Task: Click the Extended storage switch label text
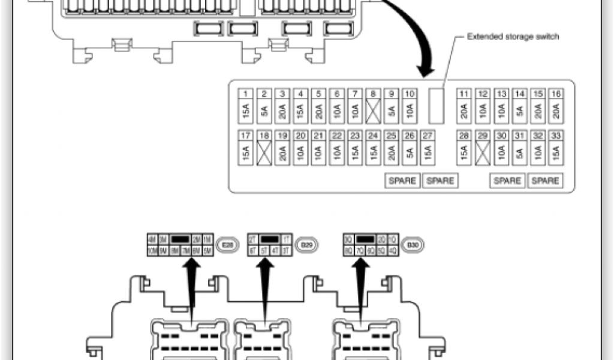[513, 37]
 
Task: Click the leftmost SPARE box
[402, 181]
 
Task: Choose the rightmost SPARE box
[546, 181]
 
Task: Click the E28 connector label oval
[227, 245]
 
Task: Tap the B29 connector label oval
[306, 245]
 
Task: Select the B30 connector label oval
[413, 245]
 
